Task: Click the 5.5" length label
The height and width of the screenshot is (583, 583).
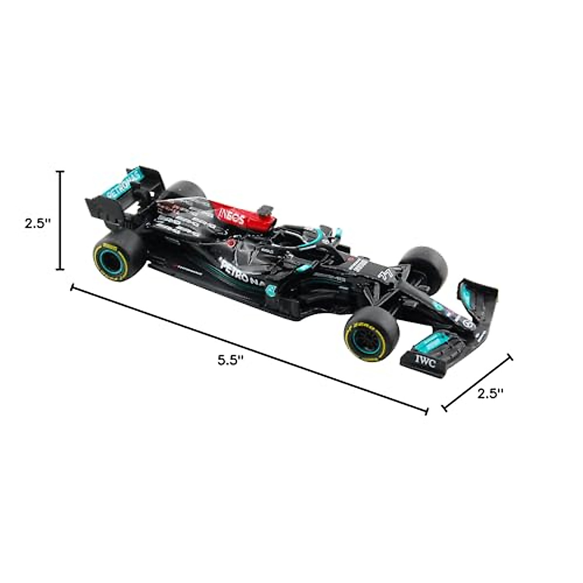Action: [230, 361]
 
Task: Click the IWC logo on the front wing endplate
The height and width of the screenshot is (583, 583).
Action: [425, 361]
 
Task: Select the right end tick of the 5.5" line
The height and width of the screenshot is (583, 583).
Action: [427, 411]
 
